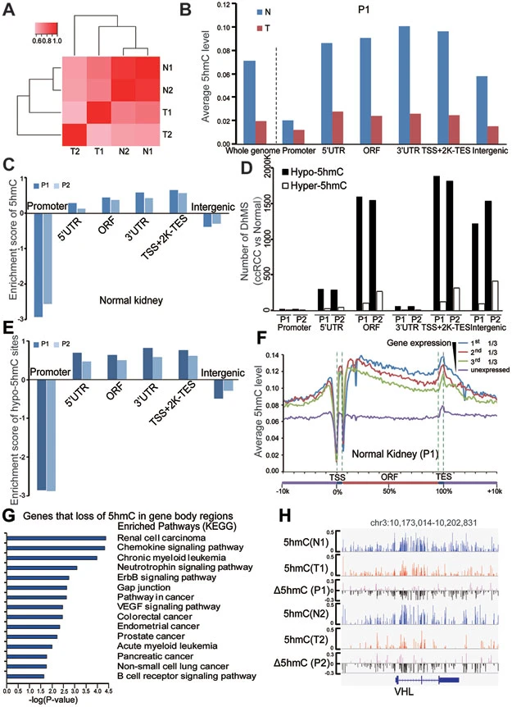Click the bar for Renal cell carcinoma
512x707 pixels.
click(58, 539)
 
